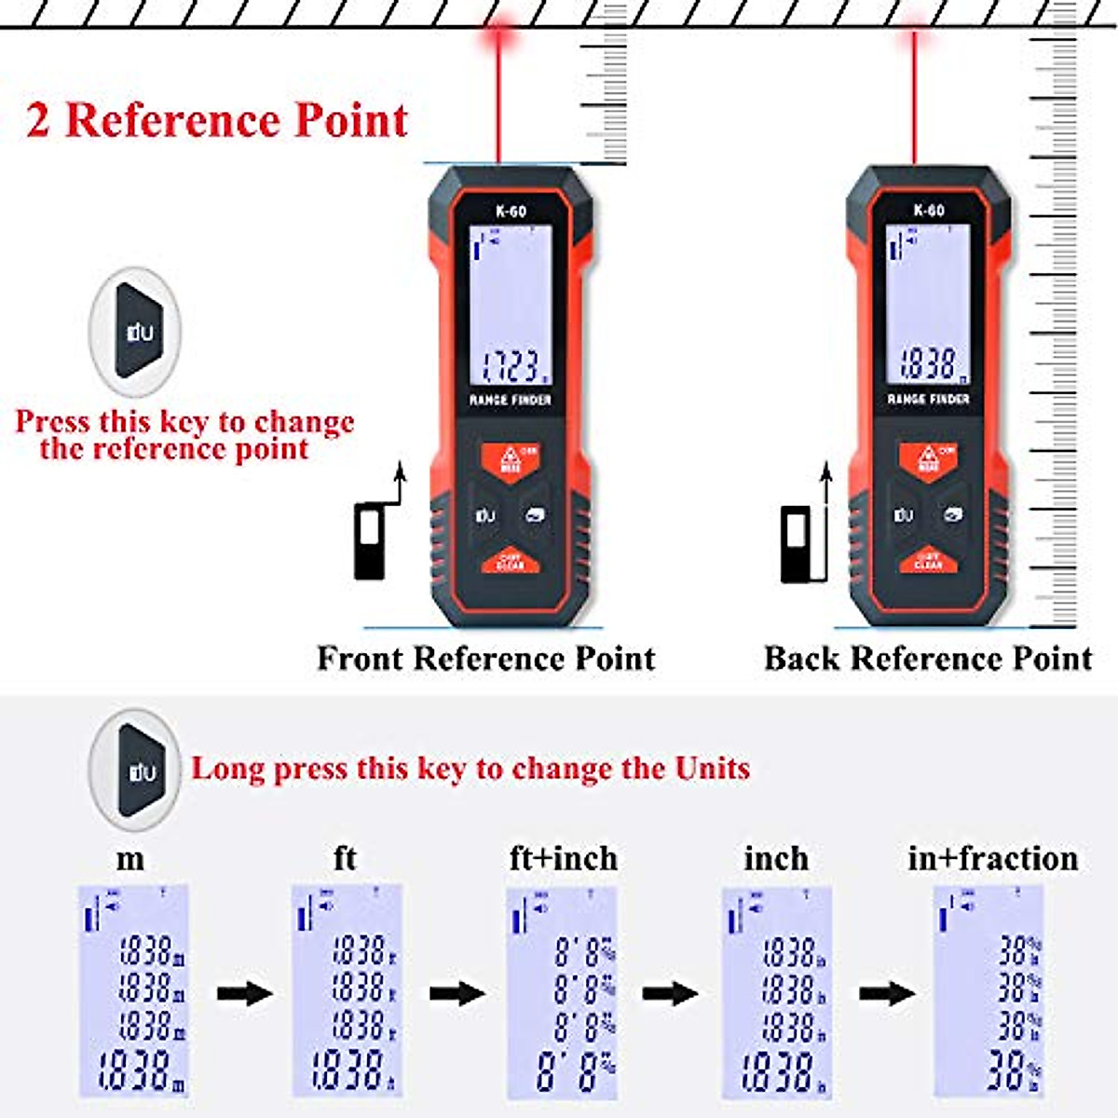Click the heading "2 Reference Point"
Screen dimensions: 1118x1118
pyautogui.click(x=217, y=120)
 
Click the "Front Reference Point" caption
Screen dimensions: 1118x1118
pyautogui.click(x=485, y=659)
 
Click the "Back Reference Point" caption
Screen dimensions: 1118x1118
pyautogui.click(x=928, y=659)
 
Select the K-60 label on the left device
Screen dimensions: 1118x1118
pyautogui.click(x=511, y=211)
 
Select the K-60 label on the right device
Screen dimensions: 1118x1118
pyautogui.click(x=929, y=211)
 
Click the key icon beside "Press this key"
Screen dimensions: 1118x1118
pyautogui.click(x=137, y=331)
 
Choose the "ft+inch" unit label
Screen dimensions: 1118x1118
pyautogui.click(x=564, y=858)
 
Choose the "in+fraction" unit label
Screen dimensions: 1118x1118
pyautogui.click(x=993, y=858)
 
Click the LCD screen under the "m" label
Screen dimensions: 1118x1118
pyautogui.click(x=133, y=990)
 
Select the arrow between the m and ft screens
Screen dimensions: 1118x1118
pyautogui.click(x=245, y=993)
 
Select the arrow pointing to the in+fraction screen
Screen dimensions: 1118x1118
pyautogui.click(x=887, y=993)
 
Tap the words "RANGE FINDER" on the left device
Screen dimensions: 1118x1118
pyautogui.click(x=511, y=400)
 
